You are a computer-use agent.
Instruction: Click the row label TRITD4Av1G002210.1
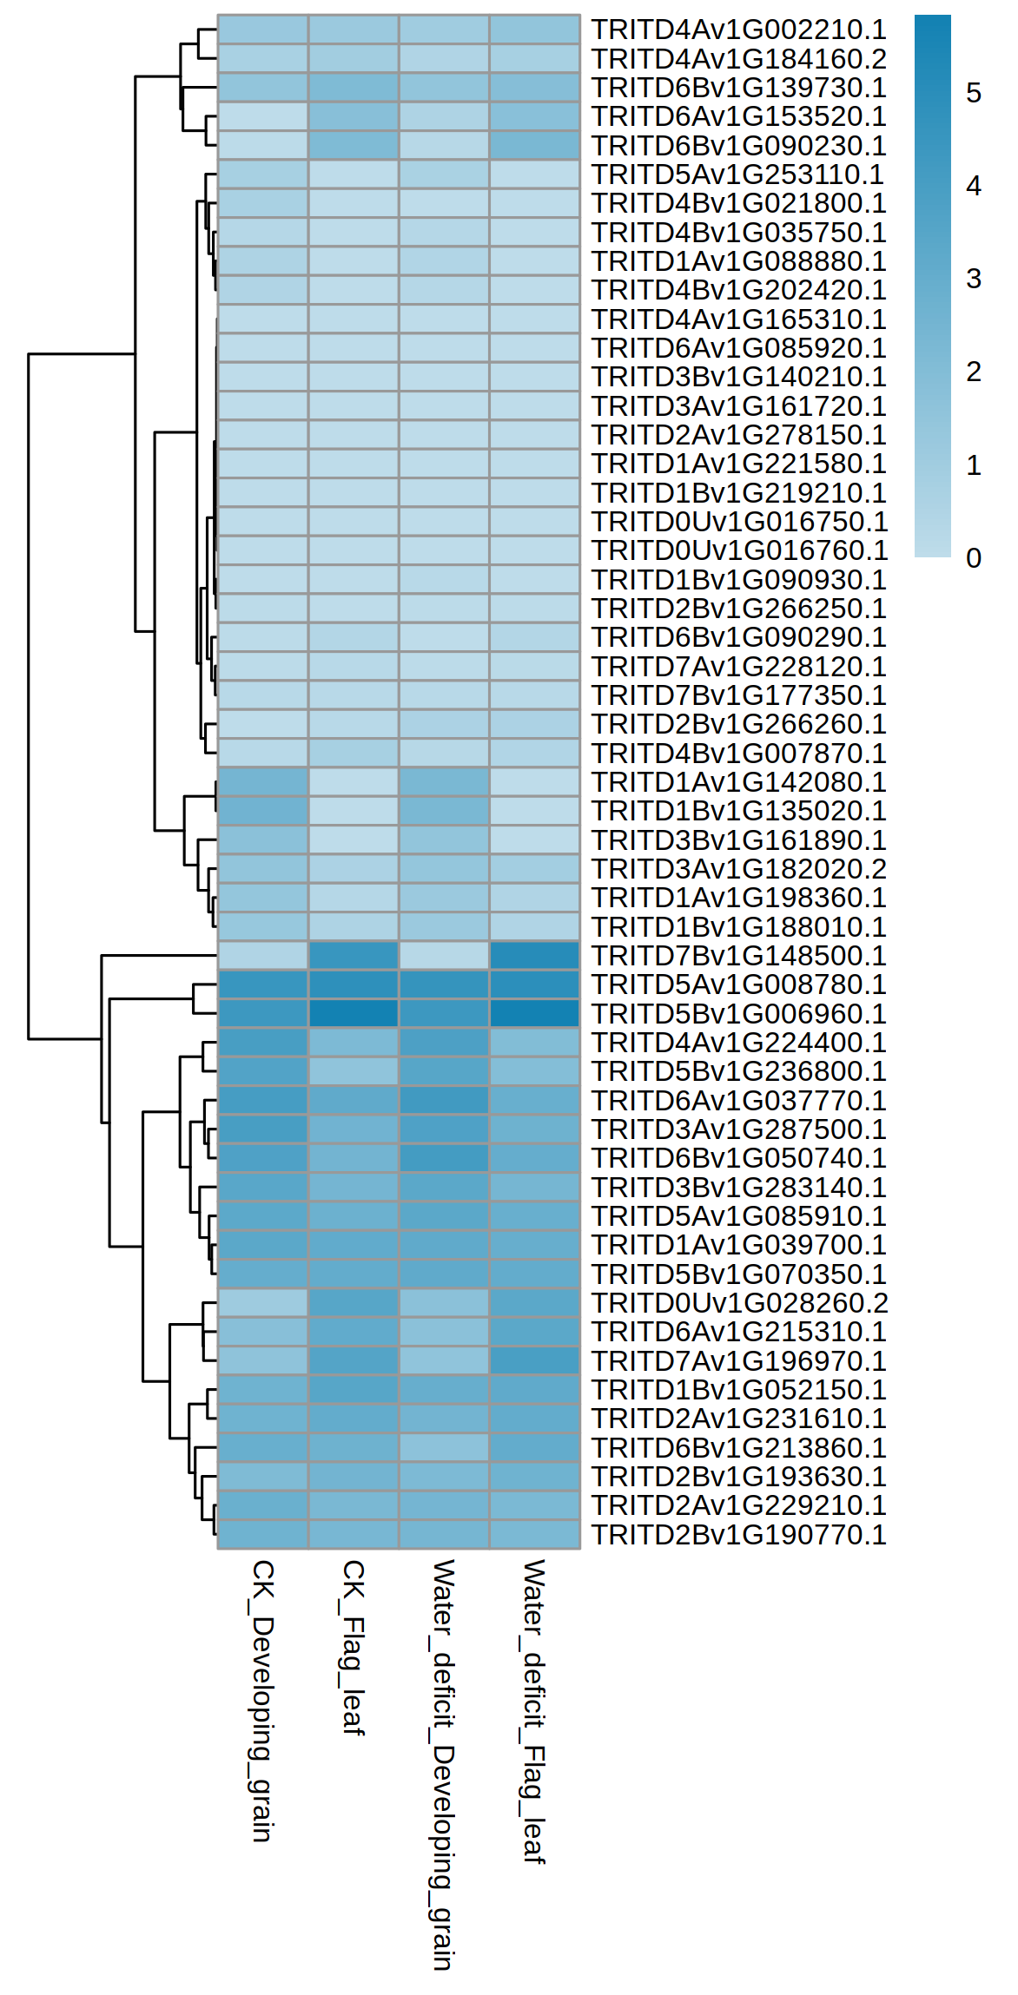point(738,30)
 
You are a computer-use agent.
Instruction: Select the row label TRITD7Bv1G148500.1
point(738,956)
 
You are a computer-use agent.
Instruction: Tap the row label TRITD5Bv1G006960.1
point(738,1014)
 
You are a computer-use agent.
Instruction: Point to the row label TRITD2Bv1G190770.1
point(738,1535)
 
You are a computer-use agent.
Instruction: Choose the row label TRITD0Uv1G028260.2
point(739,1303)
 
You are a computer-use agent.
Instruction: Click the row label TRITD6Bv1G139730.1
point(738,88)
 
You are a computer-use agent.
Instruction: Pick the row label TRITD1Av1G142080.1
point(738,782)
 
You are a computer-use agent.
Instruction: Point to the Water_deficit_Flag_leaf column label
point(534,1711)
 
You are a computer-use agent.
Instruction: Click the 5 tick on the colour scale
point(974,93)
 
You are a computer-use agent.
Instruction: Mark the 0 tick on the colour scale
point(974,558)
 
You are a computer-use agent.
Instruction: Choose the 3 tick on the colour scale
point(974,279)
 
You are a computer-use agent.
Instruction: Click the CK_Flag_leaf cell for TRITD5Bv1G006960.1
point(354,1013)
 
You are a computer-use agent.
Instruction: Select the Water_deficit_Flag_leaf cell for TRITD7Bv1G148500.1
point(534,956)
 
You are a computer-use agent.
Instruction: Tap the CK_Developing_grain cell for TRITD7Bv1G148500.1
point(263,956)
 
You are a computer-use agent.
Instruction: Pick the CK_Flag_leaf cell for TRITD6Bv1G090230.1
point(354,145)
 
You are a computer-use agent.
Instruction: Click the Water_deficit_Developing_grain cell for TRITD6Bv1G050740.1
point(444,1158)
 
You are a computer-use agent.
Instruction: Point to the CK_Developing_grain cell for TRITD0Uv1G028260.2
point(263,1303)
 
